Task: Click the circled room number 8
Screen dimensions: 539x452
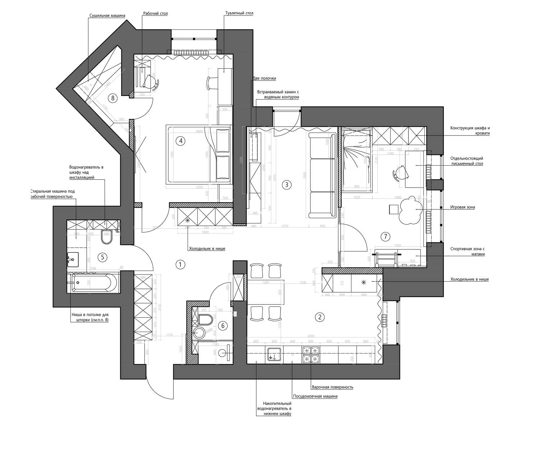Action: [113, 98]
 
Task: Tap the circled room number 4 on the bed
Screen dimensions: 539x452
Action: [180, 141]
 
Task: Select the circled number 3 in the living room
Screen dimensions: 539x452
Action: [286, 185]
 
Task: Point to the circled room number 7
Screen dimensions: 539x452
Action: [386, 236]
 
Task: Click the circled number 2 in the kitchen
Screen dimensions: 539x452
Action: [319, 317]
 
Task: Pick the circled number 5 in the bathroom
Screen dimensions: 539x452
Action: [102, 257]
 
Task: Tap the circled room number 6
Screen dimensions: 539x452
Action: [223, 326]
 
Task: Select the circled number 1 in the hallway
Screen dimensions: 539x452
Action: [180, 265]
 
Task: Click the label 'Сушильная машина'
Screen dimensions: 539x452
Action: [107, 16]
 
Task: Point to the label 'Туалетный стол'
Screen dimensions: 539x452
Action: [239, 13]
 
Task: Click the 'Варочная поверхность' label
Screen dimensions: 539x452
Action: [332, 387]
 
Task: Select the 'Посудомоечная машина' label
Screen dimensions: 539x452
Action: [315, 396]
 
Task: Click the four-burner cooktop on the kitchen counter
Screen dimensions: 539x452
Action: [311, 355]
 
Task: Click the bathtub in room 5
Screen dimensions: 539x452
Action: [94, 282]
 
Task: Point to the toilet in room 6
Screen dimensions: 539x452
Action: [205, 319]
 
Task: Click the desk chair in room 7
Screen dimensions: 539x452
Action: [399, 174]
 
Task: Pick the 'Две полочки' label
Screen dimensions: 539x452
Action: [264, 78]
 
